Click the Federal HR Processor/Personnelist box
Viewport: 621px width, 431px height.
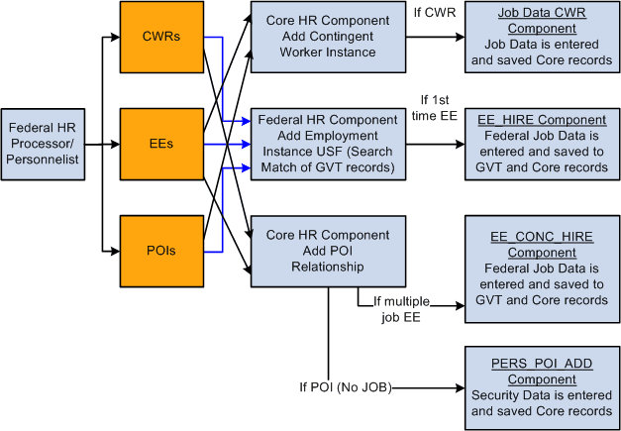[x=42, y=143]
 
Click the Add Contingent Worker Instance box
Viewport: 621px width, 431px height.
[x=327, y=37]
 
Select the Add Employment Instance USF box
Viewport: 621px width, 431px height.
[x=327, y=143]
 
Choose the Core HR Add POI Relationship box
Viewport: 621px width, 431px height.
[x=327, y=249]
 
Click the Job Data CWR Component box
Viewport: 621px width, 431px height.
[x=541, y=37]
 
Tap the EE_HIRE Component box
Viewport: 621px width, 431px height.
[x=541, y=143]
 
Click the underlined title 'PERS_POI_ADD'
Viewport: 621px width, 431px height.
[x=541, y=364]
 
